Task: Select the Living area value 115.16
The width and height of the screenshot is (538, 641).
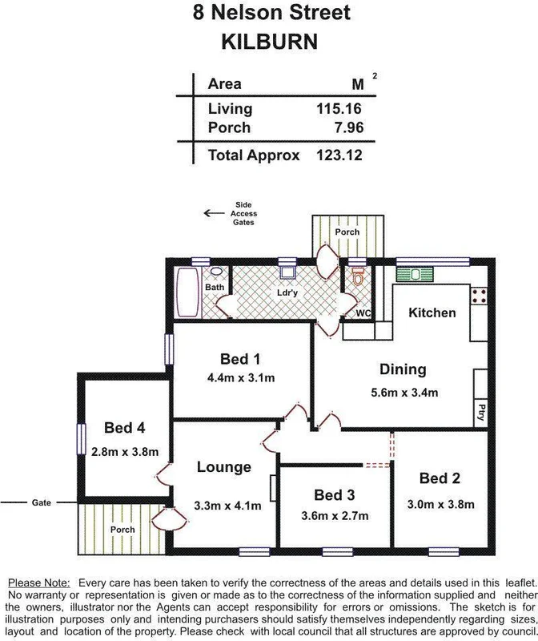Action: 339,108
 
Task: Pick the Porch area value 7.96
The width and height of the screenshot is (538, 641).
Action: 347,127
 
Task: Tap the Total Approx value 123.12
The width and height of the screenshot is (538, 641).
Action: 339,155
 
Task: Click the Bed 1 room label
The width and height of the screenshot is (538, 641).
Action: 240,359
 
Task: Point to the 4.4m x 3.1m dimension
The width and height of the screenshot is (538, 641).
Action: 240,377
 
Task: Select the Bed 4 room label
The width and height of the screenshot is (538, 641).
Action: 124,428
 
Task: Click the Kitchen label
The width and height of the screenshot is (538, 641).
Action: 432,312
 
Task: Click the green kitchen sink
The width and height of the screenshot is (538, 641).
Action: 416,274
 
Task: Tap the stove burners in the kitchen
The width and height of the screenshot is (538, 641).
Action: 480,295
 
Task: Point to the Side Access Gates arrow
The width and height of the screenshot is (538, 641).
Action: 214,213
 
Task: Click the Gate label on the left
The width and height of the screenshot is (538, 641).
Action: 42,502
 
